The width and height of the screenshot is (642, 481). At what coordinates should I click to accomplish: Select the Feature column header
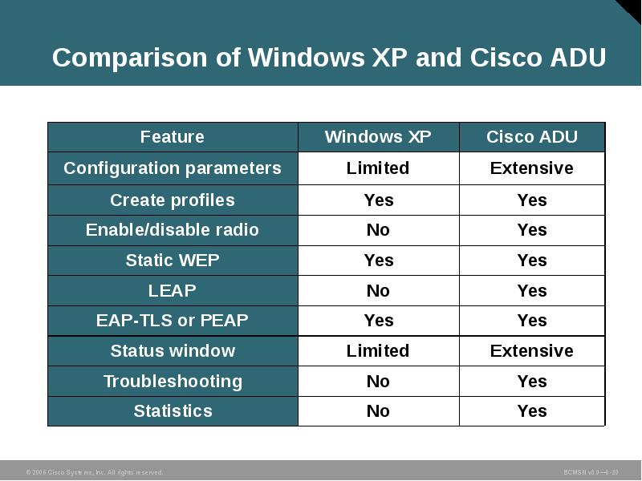point(172,137)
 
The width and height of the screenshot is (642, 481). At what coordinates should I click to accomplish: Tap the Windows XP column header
point(378,137)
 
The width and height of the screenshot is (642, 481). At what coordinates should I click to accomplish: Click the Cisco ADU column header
point(531,137)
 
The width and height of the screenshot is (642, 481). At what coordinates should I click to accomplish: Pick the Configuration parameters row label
point(172,168)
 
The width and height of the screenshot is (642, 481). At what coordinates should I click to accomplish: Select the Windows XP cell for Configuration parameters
point(378,168)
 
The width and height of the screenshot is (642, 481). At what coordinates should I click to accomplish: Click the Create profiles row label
point(172,200)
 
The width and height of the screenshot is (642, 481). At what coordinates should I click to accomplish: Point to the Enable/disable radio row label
point(172,230)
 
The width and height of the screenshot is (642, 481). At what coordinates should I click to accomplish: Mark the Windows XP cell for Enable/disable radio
point(378,230)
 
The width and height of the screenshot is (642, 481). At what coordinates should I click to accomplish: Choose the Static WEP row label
point(172,261)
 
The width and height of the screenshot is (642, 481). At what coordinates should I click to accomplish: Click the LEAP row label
point(172,291)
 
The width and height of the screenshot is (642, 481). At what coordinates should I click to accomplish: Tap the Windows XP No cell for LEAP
point(378,291)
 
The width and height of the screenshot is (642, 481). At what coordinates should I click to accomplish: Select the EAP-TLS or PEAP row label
point(172,321)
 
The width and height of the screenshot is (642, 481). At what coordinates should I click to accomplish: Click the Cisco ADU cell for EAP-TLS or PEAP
point(531,321)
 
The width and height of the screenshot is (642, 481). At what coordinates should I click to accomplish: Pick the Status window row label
point(172,351)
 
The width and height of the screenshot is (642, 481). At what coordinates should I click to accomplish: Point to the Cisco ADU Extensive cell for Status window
point(531,351)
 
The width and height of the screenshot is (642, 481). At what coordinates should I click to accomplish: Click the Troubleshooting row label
point(172,382)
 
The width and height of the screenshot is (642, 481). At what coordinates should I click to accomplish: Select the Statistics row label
point(172,411)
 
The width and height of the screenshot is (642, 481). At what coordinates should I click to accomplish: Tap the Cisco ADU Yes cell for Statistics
point(531,411)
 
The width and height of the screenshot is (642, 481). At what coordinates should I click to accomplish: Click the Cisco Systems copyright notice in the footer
point(94,472)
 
